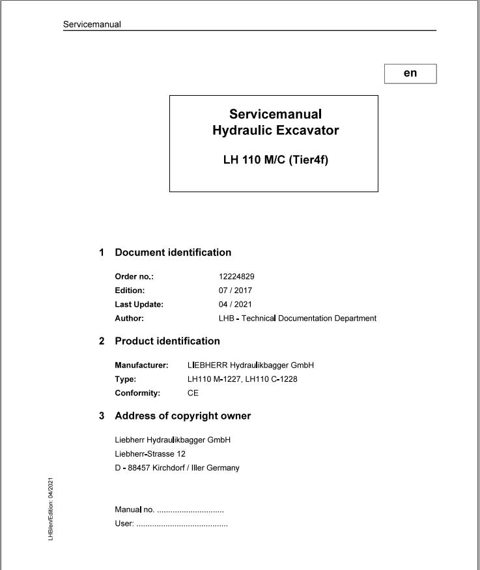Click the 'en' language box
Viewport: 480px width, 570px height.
click(x=410, y=74)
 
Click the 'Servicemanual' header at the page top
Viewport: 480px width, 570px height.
click(x=92, y=25)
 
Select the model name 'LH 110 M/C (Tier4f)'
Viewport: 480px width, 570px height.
click(x=275, y=160)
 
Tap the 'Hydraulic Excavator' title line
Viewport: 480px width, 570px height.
click(x=275, y=130)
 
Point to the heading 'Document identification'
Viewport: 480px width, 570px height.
click(x=173, y=253)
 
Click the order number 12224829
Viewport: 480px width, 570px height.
click(x=236, y=276)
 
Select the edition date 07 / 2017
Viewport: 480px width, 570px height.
click(x=235, y=291)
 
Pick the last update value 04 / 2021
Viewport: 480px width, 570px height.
click(x=235, y=304)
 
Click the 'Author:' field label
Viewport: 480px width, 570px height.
click(x=129, y=319)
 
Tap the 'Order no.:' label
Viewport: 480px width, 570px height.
click(x=134, y=276)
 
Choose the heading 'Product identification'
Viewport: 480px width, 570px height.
click(x=167, y=341)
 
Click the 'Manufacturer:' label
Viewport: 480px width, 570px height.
click(x=141, y=365)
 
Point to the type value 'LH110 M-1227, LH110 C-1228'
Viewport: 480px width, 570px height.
click(x=242, y=379)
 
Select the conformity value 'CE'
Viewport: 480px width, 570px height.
click(x=193, y=393)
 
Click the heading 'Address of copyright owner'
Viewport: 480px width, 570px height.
click(x=182, y=416)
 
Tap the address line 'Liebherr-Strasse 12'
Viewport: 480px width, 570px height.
click(x=150, y=454)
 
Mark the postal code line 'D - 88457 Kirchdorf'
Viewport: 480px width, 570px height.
click(x=176, y=468)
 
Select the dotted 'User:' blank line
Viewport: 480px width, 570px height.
click(x=182, y=524)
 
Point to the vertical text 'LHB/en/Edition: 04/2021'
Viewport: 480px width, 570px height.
click(x=51, y=509)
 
